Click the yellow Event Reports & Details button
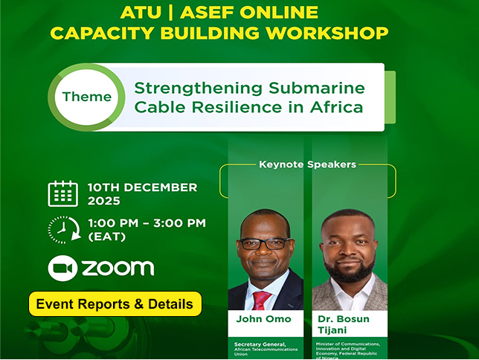[x=115, y=303]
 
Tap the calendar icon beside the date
[x=62, y=193]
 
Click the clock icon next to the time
[x=62, y=230]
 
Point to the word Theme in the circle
[x=87, y=97]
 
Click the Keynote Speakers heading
[x=307, y=164]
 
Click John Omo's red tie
[x=261, y=299]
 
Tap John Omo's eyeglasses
[x=265, y=243]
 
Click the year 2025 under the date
[x=103, y=201]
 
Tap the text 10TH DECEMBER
[x=142, y=187]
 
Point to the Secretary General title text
[x=264, y=344]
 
